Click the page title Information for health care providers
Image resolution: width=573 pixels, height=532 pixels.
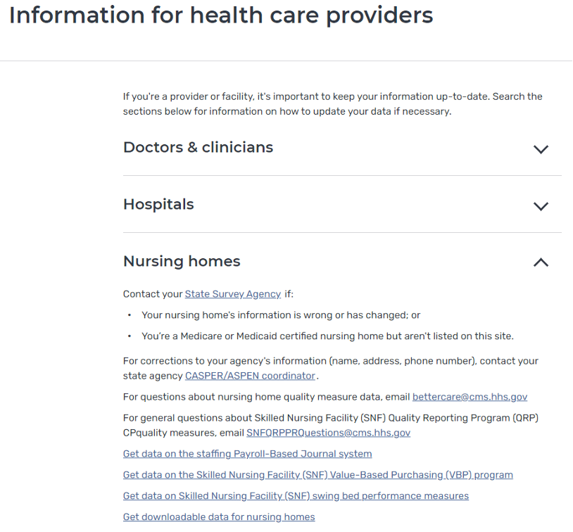(221, 15)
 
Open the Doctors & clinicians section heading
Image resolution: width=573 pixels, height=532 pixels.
(198, 148)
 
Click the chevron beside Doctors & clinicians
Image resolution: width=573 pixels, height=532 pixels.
(541, 149)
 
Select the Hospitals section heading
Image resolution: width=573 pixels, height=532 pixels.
(158, 205)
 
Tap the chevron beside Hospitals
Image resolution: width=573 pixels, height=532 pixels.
(541, 206)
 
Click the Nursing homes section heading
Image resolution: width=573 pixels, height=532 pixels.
(182, 262)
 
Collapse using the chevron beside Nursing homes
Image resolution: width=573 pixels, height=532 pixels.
(541, 262)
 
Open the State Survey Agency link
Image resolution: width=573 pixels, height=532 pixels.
(232, 294)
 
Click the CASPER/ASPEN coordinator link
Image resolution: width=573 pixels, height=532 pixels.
(250, 376)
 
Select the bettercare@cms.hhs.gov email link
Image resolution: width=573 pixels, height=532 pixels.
(470, 397)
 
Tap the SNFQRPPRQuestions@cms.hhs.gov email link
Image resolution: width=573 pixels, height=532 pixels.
(328, 433)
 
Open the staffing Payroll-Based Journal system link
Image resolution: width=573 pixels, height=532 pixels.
(247, 454)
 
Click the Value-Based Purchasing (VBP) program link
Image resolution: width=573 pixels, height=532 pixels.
(317, 475)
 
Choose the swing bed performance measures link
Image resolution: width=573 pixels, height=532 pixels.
(296, 496)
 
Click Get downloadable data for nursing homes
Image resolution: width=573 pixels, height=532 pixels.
(219, 517)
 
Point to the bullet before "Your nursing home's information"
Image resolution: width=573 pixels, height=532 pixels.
(130, 315)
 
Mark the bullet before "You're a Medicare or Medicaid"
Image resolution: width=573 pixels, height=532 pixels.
(130, 336)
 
